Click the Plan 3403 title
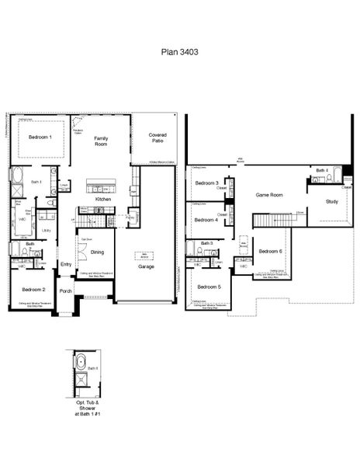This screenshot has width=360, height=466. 179,54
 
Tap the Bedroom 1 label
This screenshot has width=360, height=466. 40,137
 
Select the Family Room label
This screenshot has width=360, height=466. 101,141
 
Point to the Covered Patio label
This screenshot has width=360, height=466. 157,137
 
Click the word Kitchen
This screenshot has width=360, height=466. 104,200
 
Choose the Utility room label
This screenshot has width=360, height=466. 47,231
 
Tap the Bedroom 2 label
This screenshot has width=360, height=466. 33,290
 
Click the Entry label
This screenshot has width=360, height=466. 66,265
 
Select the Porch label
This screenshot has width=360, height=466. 66,292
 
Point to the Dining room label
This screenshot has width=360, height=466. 98,252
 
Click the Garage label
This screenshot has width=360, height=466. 145,266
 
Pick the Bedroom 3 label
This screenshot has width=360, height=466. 206,183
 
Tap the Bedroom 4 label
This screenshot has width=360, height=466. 206,220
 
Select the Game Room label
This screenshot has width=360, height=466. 269,195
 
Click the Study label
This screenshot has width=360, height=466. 331,201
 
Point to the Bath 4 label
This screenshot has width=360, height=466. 321,169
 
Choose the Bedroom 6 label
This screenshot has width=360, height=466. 270,251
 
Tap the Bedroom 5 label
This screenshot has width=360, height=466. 208,287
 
